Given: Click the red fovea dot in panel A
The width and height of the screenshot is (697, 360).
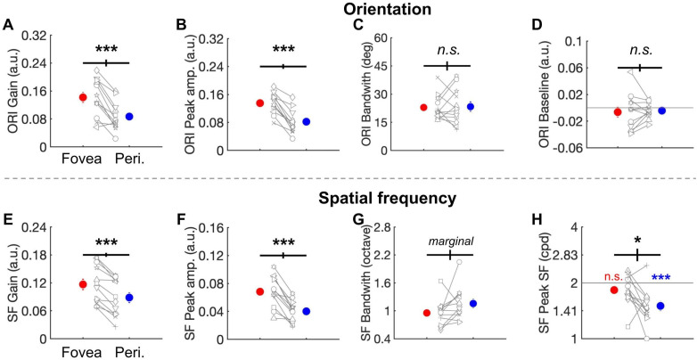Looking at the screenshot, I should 83,97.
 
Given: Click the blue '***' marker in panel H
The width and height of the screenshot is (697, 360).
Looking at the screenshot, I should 660,278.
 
